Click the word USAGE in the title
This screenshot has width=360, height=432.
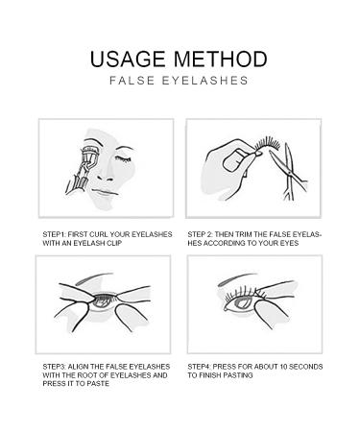point(128,60)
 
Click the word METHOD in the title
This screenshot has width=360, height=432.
point(221,60)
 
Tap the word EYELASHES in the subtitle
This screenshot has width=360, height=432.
point(205,81)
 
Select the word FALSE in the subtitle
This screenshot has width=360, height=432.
point(132,81)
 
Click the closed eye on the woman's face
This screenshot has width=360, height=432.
point(123,158)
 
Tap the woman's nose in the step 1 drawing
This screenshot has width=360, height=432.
point(105,176)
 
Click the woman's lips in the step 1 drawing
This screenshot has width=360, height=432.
point(105,192)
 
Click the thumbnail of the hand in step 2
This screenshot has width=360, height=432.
point(233,161)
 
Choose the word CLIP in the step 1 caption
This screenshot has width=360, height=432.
point(116,243)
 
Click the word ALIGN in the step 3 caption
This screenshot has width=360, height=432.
point(77,367)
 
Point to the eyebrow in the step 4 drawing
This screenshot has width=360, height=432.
point(237,279)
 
